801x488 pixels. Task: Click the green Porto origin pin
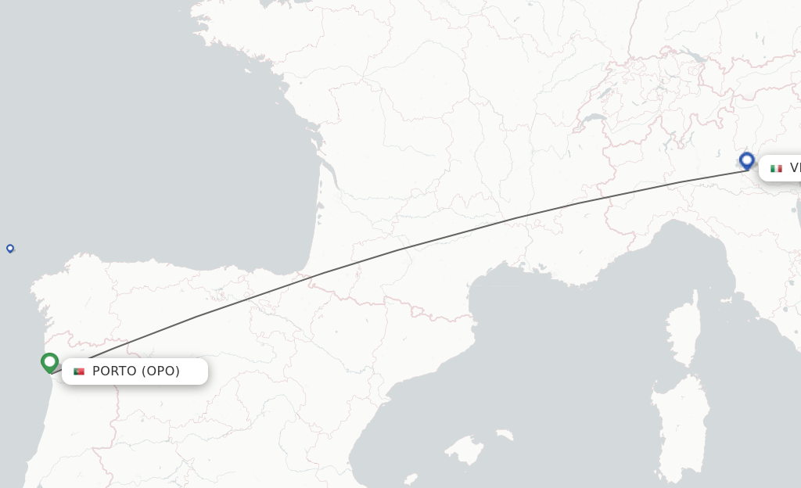pyautogui.click(x=50, y=362)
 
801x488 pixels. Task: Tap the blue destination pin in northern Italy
pyautogui.click(x=747, y=161)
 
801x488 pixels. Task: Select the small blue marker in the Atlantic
pyautogui.click(x=10, y=248)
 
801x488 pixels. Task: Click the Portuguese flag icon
pyautogui.click(x=79, y=371)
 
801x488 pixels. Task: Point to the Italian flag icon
pyautogui.click(x=776, y=168)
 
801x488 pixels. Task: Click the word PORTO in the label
pyautogui.click(x=114, y=371)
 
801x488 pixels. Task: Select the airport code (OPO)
pyautogui.click(x=160, y=371)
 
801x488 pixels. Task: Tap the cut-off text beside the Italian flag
pyautogui.click(x=795, y=168)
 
